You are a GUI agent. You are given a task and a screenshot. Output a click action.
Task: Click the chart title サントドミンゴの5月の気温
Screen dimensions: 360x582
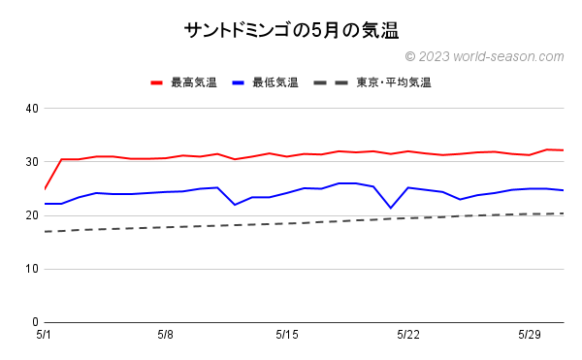[291, 30]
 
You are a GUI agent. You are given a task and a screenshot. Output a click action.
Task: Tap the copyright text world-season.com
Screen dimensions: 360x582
[484, 57]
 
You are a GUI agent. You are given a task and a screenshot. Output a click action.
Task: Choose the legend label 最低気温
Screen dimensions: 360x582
[275, 82]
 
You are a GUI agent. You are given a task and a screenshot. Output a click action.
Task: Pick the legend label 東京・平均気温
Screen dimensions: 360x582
[393, 82]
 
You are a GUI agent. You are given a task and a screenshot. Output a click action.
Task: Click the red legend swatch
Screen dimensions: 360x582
[157, 82]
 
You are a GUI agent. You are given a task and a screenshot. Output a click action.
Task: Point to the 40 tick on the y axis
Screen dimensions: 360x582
[32, 108]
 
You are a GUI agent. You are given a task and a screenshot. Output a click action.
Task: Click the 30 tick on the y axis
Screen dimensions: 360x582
[32, 161]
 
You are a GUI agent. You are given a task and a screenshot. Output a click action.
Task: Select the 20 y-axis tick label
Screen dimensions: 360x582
[32, 215]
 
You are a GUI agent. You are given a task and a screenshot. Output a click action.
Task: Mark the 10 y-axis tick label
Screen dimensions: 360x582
[32, 269]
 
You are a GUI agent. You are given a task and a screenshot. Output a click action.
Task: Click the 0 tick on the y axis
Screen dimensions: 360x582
[35, 322]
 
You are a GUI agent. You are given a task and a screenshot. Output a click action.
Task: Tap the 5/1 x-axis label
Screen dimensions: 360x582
[45, 335]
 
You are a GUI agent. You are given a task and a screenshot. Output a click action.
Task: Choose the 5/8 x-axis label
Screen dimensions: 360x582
[166, 335]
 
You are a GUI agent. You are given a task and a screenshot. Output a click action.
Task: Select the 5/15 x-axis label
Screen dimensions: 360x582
[287, 335]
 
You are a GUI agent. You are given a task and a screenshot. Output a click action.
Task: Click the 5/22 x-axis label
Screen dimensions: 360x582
[408, 335]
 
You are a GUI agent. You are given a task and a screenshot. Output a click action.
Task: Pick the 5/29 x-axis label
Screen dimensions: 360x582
[530, 335]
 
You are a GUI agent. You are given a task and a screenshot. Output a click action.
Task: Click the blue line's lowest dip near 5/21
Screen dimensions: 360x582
[391, 208]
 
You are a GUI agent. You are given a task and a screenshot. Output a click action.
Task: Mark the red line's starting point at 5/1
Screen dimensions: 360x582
[45, 188]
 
